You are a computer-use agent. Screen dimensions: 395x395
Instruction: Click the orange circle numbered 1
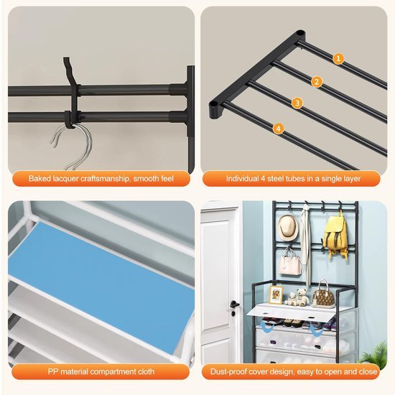pos(338,59)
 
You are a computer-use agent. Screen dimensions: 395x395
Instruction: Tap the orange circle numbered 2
pos(317,82)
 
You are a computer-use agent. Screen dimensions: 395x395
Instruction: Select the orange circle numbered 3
pos(297,103)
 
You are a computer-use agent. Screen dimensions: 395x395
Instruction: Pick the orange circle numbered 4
pos(278,129)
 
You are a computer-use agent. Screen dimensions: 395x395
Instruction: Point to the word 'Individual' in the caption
pos(242,179)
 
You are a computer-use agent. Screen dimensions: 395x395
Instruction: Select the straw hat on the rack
pos(288,228)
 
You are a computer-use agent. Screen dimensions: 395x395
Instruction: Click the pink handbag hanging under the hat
pos(290,262)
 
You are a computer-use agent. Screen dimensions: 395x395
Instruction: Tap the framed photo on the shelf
pos(276,294)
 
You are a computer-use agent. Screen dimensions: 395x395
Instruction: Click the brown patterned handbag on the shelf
pos(323,295)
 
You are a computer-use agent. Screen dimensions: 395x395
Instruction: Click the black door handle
pos(234,305)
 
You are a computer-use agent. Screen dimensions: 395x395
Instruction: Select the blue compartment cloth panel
pos(101,287)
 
